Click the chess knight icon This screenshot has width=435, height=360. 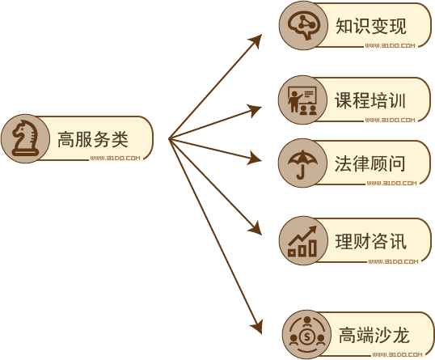point(25,138)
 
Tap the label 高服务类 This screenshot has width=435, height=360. point(93,139)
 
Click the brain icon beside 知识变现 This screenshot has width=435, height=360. point(304,26)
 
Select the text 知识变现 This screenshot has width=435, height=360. point(371,26)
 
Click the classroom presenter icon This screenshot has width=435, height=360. point(302,100)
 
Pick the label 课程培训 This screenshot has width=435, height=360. point(370,100)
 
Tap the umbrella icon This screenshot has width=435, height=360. point(302,164)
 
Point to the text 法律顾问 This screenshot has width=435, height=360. point(370,163)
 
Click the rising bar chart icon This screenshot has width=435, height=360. point(302,241)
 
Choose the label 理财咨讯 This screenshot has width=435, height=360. point(371,241)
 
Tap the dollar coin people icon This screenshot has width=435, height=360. point(306,334)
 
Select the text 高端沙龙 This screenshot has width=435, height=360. point(374,335)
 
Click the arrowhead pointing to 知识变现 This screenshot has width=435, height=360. point(256,40)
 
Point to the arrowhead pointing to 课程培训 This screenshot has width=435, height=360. point(255,111)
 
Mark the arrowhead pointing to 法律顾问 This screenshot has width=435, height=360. point(255,159)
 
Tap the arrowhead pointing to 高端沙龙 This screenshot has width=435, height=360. point(257,326)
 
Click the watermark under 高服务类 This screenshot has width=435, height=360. point(116,159)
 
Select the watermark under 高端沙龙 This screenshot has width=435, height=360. point(398,354)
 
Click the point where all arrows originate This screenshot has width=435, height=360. point(170,139)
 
